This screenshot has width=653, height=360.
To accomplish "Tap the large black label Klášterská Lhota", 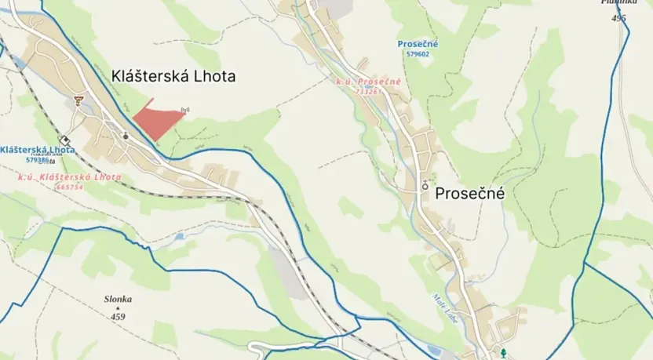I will click(174, 76).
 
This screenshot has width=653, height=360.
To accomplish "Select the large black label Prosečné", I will click(469, 192).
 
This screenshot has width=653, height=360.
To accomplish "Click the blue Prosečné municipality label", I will click(418, 44).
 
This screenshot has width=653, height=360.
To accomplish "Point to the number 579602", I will click(418, 54).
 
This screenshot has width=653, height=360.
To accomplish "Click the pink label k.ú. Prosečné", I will click(369, 82).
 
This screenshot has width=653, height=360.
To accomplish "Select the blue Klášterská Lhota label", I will click(38, 149).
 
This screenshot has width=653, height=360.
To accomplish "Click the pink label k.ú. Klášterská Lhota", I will click(70, 177).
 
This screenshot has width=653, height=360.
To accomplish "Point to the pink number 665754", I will click(70, 187).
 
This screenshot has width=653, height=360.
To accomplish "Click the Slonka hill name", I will click(118, 299).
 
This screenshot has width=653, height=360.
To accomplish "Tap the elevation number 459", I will click(118, 316).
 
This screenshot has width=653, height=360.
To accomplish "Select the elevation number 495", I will click(619, 17).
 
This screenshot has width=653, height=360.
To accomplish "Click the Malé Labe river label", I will click(441, 305).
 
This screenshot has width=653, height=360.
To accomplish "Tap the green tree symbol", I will click(504, 353).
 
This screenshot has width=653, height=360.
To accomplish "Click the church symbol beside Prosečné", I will click(426, 186).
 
